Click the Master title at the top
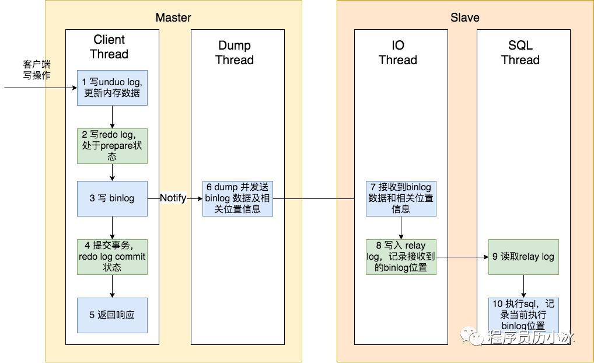173,18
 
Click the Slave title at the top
465,18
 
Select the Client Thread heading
109,47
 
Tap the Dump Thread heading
235,53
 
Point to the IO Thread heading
398,53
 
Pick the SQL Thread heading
520,53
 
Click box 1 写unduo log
112,88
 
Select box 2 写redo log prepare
112,145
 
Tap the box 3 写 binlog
112,198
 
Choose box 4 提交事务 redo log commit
112,257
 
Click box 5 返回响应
112,315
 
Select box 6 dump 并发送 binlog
237,198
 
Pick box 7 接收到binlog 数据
401,198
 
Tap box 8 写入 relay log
401,257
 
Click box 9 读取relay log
523,257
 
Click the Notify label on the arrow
173,198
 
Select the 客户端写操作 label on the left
37,69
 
